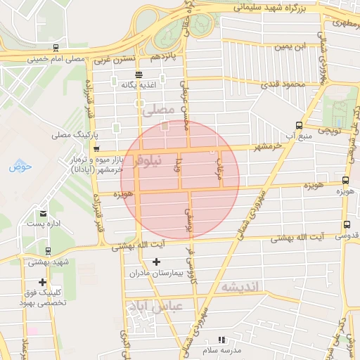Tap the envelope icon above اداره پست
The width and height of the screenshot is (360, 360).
(44, 213)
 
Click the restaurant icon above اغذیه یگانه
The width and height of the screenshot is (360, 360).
(139, 75)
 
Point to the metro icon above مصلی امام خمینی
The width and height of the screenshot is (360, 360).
(55, 49)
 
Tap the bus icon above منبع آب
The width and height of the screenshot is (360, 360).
(300, 125)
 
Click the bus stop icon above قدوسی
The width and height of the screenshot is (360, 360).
(345, 225)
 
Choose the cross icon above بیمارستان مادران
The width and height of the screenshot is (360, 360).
(156, 262)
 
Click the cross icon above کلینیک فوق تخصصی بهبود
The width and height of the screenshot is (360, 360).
(43, 282)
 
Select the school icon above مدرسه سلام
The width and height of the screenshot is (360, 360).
(222, 340)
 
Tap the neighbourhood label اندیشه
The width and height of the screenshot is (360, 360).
(241, 286)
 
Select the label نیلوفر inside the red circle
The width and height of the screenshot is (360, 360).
(147, 161)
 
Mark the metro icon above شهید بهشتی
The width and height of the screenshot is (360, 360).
(47, 251)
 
